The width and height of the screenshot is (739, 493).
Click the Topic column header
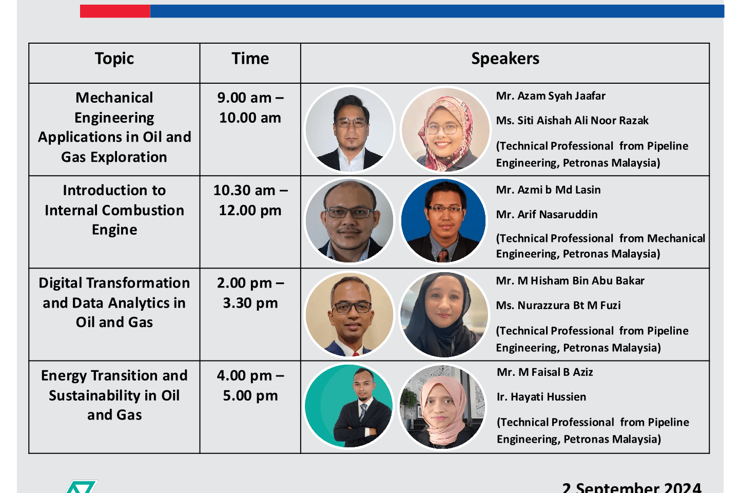pos(114,59)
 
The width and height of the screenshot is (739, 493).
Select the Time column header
pos(250,59)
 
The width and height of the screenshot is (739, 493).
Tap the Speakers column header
pos(505,59)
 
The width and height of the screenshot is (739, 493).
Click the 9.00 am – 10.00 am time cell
pos(250,108)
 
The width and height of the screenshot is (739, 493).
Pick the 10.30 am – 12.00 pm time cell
pos(250,200)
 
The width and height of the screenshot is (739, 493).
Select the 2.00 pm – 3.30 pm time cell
pos(250,293)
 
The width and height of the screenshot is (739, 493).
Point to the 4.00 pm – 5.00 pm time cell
pos(250,385)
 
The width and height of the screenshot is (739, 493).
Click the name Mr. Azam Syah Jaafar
pos(551,96)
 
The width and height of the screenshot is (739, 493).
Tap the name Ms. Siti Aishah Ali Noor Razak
pos(572,121)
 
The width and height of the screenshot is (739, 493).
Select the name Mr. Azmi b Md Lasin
pos(548,190)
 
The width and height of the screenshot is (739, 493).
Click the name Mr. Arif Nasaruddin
pos(547,215)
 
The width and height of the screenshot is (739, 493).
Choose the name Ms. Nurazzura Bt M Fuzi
pos(558,306)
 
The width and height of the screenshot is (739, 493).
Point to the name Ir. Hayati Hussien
pos(541,397)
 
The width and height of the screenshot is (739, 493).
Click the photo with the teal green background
pos(349,406)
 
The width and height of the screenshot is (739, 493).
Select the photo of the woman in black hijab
pos(444,314)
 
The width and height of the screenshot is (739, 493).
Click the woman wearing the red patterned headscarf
pos(445,129)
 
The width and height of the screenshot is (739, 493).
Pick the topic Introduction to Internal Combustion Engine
pos(114,210)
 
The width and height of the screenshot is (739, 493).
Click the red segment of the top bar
pos(115,11)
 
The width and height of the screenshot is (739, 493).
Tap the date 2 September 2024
pos(631,487)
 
